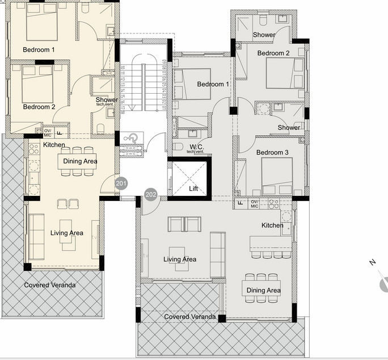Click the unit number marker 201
[121, 183]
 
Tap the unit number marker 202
[151, 195]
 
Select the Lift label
[193, 189]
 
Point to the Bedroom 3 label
[272, 153]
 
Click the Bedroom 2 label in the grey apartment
[273, 53]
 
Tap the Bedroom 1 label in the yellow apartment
[39, 50]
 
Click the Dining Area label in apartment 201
[79, 161]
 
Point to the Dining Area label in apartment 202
[263, 290]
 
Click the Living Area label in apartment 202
[180, 259]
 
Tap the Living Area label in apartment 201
[67, 233]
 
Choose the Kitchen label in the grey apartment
[272, 225]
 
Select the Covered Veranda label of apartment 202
[189, 316]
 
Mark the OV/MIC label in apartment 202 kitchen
[255, 204]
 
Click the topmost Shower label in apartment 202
[264, 35]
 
